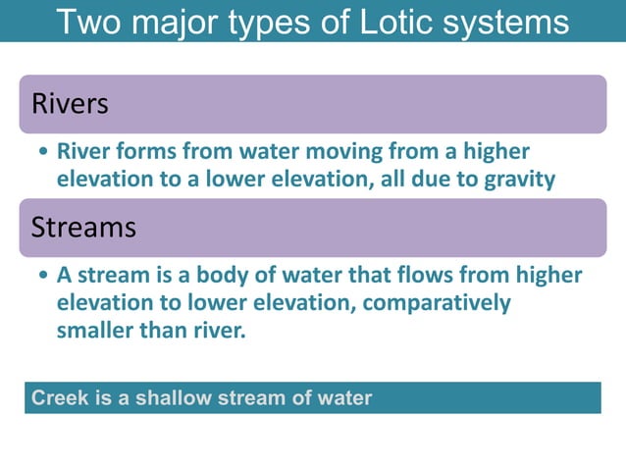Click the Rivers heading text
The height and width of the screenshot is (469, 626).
tap(70, 103)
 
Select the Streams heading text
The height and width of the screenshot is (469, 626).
tap(83, 228)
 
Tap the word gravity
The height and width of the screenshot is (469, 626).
tap(519, 180)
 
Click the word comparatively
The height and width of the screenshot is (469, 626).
tap(437, 303)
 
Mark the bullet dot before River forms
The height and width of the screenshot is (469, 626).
tap(42, 154)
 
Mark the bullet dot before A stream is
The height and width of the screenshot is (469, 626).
tap(42, 277)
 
